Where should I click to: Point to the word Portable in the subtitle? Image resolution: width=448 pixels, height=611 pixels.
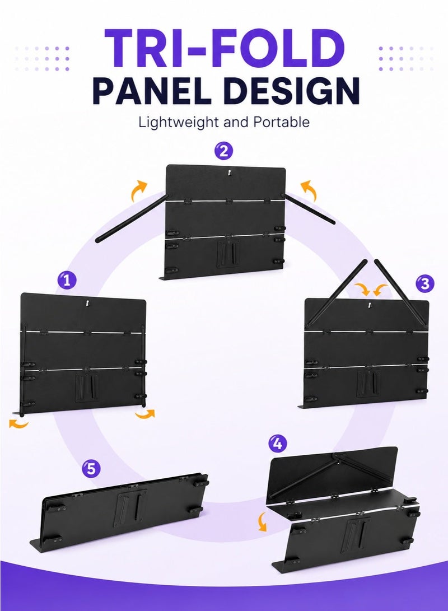tap(282, 122)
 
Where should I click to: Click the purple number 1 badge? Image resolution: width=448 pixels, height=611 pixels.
tap(67, 280)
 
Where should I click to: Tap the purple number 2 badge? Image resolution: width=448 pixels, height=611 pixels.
tap(224, 151)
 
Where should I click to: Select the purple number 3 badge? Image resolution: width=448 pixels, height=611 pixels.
tap(424, 283)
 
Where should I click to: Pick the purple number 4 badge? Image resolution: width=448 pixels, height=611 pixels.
tap(278, 444)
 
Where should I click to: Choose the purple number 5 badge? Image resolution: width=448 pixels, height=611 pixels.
tap(91, 468)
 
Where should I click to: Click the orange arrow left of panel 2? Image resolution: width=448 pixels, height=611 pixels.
tap(138, 190)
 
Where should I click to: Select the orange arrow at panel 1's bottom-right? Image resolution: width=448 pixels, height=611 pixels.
tap(146, 414)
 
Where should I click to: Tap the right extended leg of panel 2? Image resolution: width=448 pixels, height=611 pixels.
tap(307, 208)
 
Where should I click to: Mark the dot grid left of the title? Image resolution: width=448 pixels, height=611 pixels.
tap(42, 58)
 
